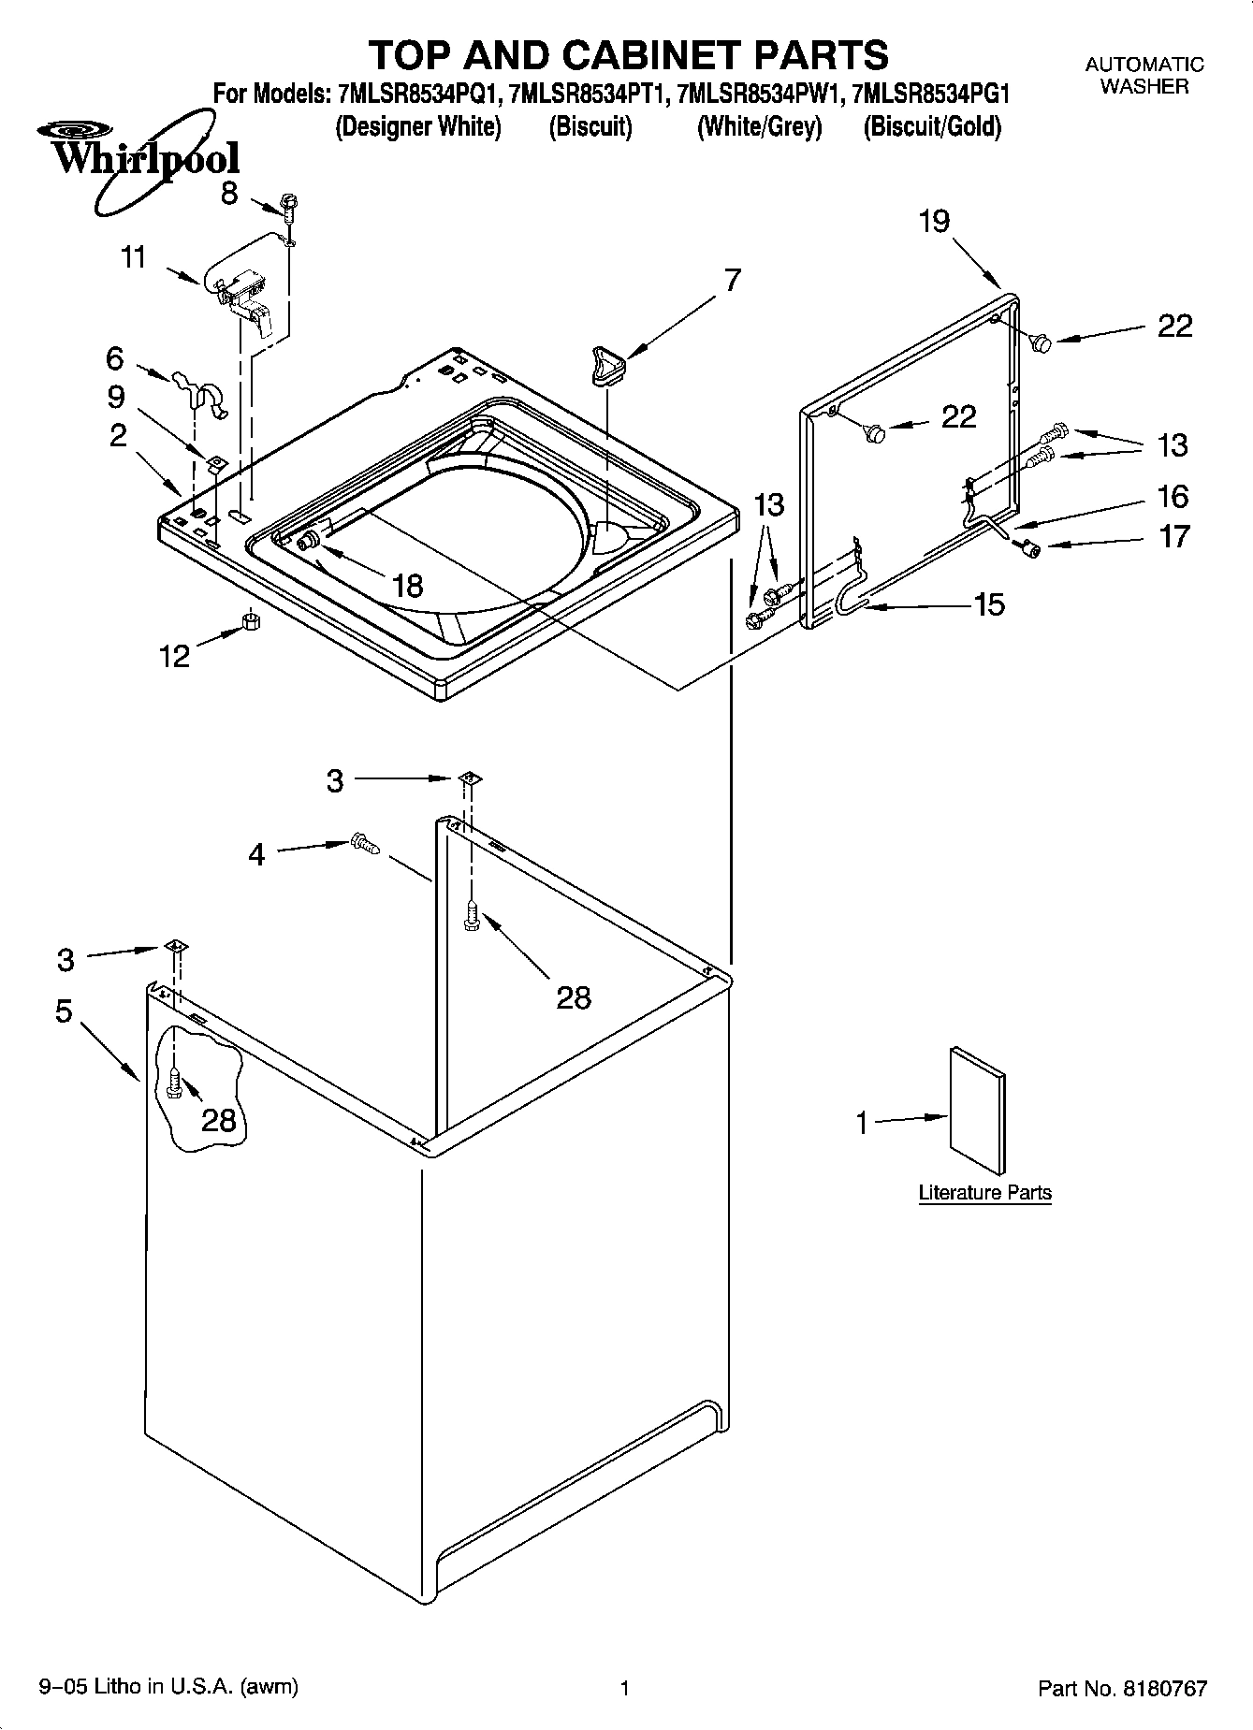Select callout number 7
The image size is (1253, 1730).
click(x=732, y=280)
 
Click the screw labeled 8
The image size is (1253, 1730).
click(x=289, y=206)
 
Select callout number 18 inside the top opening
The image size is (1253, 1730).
click(x=408, y=586)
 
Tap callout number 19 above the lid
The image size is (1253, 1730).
click(x=933, y=222)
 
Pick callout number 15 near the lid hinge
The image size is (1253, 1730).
click(x=989, y=604)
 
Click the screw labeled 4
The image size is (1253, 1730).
click(x=364, y=844)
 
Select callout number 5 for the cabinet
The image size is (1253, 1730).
click(x=64, y=1011)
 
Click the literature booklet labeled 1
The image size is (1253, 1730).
click(x=978, y=1111)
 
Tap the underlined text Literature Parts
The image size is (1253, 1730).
click(x=984, y=1193)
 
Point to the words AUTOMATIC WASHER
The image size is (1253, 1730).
click(x=1144, y=76)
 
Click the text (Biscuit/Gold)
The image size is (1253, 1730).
click(x=932, y=126)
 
